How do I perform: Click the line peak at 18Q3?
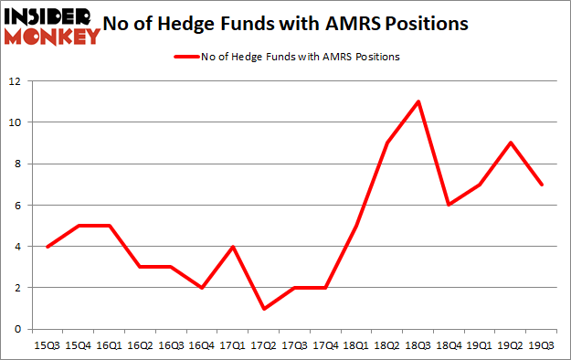pyautogui.click(x=418, y=101)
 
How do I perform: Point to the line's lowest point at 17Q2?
pyautogui.click(x=263, y=308)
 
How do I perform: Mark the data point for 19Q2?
pyautogui.click(x=512, y=143)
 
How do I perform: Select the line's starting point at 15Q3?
pyautogui.click(x=46, y=246)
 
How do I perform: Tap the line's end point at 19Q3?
pyautogui.click(x=543, y=184)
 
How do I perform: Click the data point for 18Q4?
pyautogui.click(x=449, y=205)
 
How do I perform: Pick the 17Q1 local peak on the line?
pyautogui.click(x=232, y=246)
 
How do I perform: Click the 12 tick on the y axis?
pyautogui.click(x=16, y=81)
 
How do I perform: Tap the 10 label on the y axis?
pyautogui.click(x=16, y=122)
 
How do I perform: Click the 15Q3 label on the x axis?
pyautogui.click(x=46, y=347)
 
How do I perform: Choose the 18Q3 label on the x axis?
pyautogui.click(x=418, y=347)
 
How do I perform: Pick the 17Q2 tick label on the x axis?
pyautogui.click(x=263, y=347)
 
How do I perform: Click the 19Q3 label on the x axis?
pyautogui.click(x=543, y=347)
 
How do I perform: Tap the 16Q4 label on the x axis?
pyautogui.click(x=201, y=347)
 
